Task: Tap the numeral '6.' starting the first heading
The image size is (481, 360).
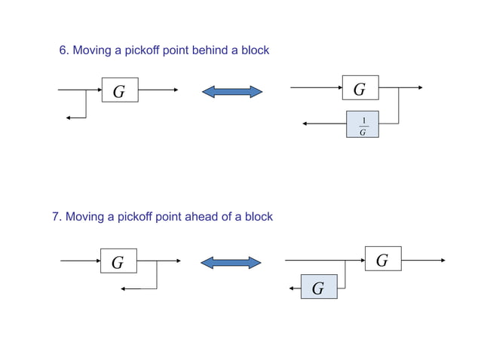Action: point(64,50)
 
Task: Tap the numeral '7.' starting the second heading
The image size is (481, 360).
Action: point(57,217)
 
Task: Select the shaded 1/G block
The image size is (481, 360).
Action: point(363,124)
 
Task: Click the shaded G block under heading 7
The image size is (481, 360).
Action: point(318,287)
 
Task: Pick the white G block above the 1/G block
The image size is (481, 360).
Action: point(360,88)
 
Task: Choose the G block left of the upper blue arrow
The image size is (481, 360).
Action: point(119,90)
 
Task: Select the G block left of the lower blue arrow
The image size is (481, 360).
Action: point(118,261)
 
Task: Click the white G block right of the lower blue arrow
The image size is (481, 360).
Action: point(382,259)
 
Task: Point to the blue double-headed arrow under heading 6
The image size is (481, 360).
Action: point(232,92)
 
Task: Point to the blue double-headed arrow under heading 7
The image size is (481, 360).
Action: point(231,262)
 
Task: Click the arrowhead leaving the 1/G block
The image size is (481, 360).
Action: point(305,124)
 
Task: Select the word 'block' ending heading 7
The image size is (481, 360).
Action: point(258,217)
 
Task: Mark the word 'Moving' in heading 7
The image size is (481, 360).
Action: point(84,217)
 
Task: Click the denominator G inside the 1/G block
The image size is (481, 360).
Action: point(363,132)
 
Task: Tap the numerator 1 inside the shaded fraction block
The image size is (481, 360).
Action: point(363,119)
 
